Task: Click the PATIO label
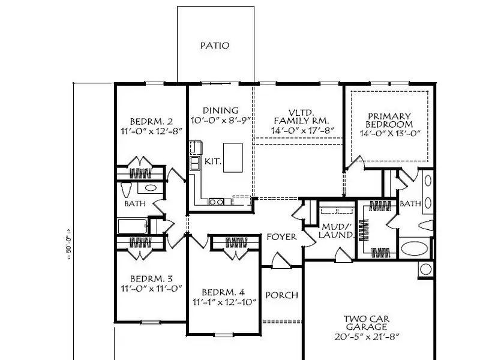pyautogui.click(x=215, y=46)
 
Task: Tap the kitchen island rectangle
pyautogui.click(x=233, y=158)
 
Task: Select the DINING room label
pyautogui.click(x=220, y=110)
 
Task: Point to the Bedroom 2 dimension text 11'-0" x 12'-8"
pyautogui.click(x=151, y=131)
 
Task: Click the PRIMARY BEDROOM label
pyautogui.click(x=389, y=121)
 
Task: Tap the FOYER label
pyautogui.click(x=281, y=237)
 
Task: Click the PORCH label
pyautogui.click(x=281, y=295)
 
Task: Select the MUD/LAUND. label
pyautogui.click(x=336, y=231)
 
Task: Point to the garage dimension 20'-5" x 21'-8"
pyautogui.click(x=367, y=337)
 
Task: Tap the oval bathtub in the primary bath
pyautogui.click(x=414, y=248)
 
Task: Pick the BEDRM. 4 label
pyautogui.click(x=223, y=292)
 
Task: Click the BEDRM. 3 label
pyautogui.click(x=151, y=279)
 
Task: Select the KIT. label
pyautogui.click(x=212, y=161)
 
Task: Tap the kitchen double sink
pyautogui.click(x=194, y=163)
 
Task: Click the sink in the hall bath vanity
pyautogui.click(x=151, y=188)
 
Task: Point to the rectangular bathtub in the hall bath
pyautogui.click(x=132, y=226)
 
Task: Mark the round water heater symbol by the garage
pyautogui.click(x=425, y=269)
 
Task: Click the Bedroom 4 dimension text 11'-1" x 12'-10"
pyautogui.click(x=224, y=302)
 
